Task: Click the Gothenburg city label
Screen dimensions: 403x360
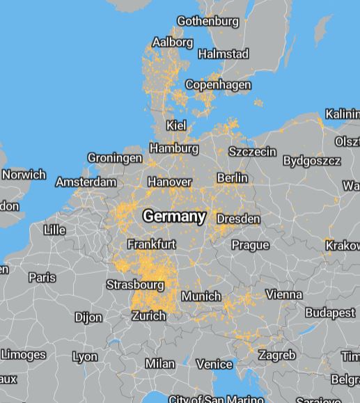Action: click(x=208, y=21)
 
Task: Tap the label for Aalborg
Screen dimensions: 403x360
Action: click(x=173, y=42)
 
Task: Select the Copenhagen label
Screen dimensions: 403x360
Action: click(x=218, y=85)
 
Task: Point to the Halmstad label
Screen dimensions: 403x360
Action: click(x=223, y=54)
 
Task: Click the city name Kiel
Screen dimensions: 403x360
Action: click(x=176, y=125)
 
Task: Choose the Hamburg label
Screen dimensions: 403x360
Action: click(x=173, y=148)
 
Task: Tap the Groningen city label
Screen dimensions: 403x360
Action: click(x=114, y=158)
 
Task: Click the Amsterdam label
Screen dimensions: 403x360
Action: click(x=86, y=182)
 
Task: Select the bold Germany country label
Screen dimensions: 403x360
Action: click(x=174, y=216)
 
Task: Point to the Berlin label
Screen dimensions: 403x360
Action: click(x=232, y=178)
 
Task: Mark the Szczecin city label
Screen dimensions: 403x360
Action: click(x=252, y=152)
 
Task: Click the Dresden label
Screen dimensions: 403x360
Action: click(x=238, y=219)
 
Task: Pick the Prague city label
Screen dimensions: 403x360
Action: click(x=250, y=245)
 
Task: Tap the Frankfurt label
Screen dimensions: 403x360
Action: click(x=151, y=244)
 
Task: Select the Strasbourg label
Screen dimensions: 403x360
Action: click(x=135, y=285)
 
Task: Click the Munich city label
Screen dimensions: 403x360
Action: click(x=201, y=297)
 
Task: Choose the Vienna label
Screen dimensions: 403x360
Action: click(x=283, y=294)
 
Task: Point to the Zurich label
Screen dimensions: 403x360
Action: click(x=148, y=316)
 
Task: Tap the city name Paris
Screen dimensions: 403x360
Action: click(x=42, y=277)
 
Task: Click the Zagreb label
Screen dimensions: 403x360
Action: click(x=276, y=355)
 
